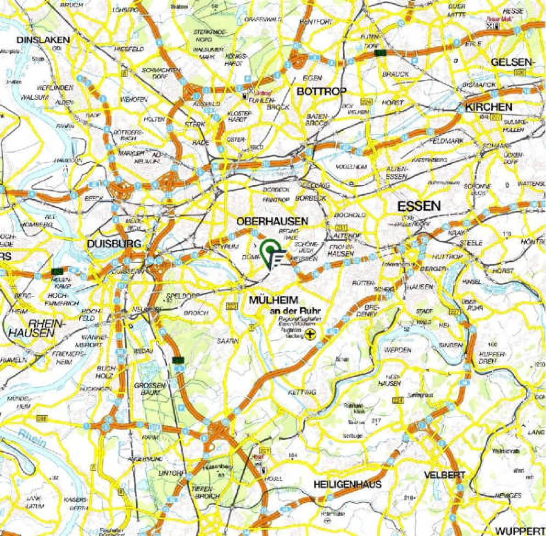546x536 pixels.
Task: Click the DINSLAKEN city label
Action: [x=43, y=40]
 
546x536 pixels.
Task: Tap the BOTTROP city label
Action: [x=321, y=92]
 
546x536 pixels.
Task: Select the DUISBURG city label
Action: [x=114, y=244]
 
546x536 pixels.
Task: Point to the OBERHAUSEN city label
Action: [x=272, y=221]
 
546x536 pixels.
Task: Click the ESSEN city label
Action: [x=419, y=206]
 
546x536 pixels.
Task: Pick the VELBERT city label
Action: [x=445, y=475]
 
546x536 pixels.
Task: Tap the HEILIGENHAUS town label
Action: [x=347, y=484]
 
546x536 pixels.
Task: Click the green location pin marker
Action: [x=270, y=250]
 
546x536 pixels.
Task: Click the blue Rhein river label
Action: [x=32, y=439]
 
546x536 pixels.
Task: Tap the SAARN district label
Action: [x=228, y=341]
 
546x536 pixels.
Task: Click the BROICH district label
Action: [x=196, y=313]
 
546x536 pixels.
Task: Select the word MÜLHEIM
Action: [x=273, y=300]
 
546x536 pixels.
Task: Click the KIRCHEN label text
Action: [x=489, y=107]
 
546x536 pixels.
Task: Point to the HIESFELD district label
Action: [x=129, y=49]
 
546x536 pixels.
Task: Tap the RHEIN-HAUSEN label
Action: [x=37, y=328]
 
